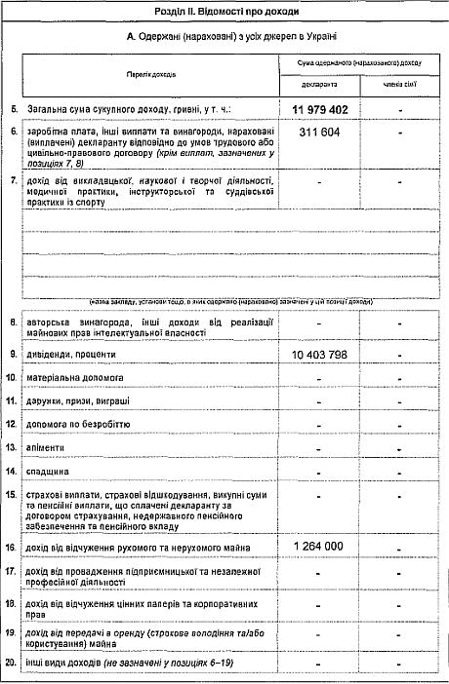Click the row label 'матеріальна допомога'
point(78,376)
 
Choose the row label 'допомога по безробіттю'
point(82,424)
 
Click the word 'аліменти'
point(49,447)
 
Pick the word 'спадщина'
point(51,471)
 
